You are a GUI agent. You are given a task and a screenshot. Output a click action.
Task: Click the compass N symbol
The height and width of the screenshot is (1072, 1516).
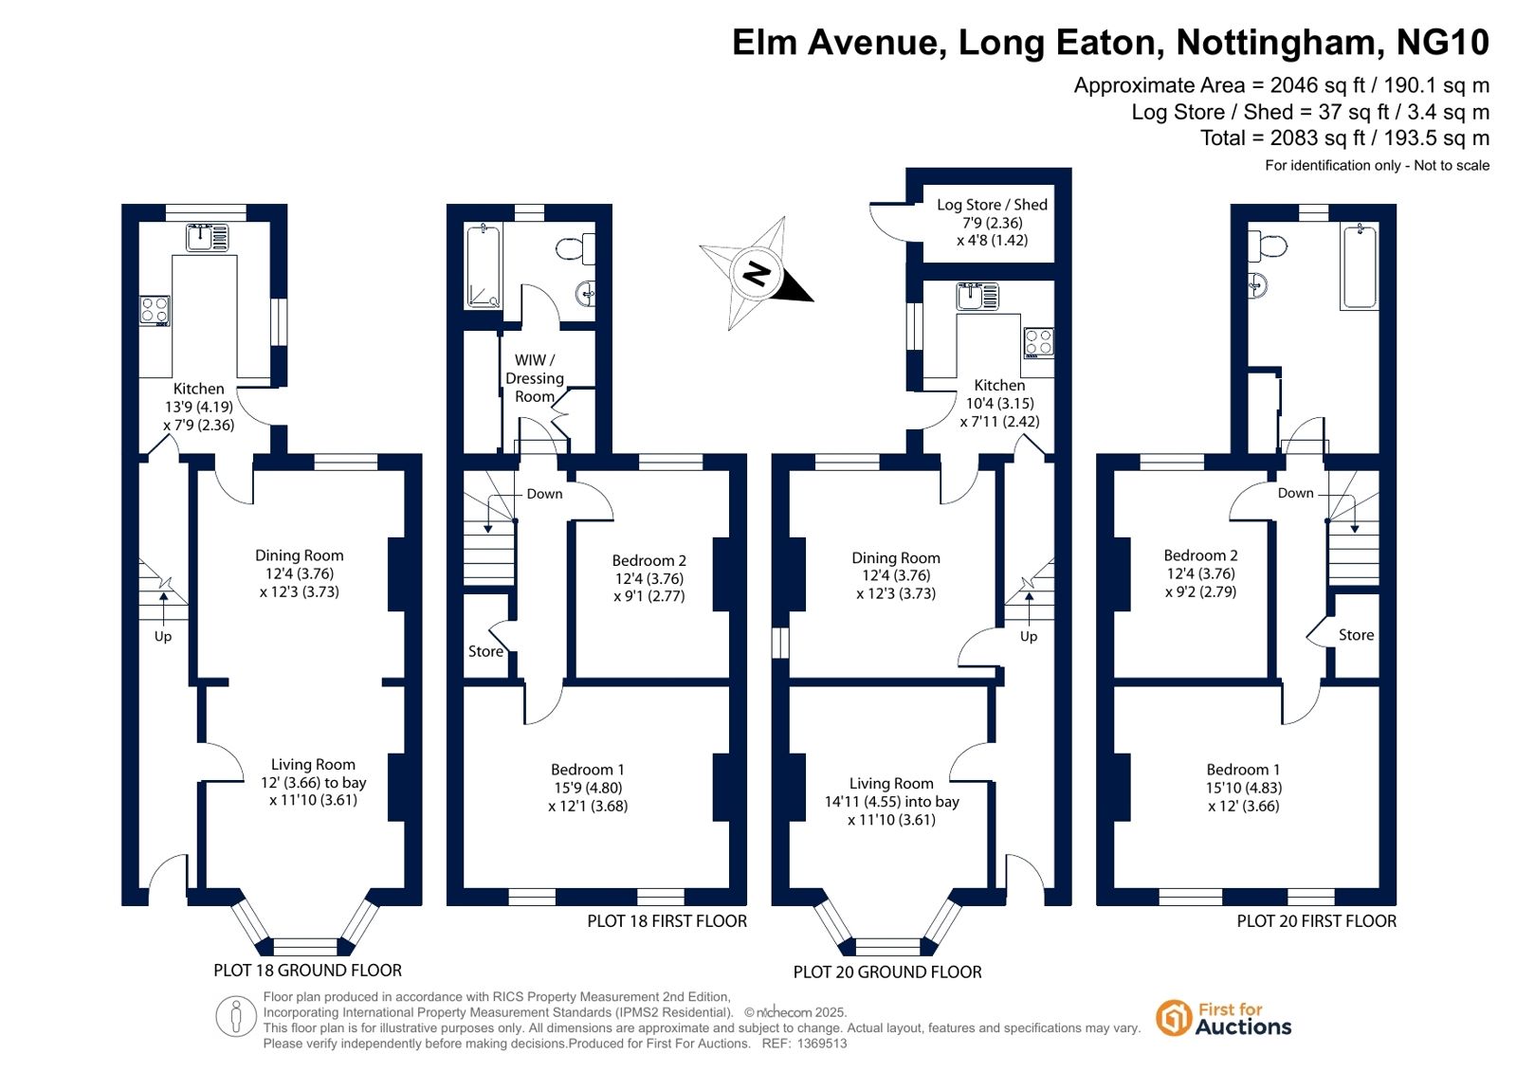[x=757, y=274]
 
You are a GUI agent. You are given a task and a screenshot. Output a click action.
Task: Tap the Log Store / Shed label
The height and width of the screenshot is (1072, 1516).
[x=992, y=205]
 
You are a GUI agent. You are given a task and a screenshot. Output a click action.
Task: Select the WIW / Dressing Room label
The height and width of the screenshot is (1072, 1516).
[x=535, y=378]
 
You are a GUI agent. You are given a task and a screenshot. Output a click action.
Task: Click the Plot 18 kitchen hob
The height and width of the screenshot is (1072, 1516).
[x=155, y=311]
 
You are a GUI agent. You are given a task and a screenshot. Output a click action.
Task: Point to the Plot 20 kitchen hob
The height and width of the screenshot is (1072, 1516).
[x=1038, y=342]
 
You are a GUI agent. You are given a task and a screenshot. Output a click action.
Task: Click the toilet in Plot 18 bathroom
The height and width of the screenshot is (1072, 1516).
[x=575, y=249]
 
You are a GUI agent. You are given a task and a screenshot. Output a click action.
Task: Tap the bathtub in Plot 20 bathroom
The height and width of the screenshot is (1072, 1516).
[x=1359, y=267]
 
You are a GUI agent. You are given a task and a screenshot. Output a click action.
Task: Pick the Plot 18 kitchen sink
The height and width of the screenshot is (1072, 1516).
[x=208, y=237]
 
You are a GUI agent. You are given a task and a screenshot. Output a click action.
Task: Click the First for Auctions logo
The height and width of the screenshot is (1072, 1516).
[x=1224, y=1019]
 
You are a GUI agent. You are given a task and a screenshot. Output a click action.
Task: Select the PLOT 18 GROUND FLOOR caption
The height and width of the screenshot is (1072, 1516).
[x=308, y=971]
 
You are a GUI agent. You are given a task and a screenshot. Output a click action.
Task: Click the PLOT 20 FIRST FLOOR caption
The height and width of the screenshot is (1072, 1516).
[x=1316, y=921]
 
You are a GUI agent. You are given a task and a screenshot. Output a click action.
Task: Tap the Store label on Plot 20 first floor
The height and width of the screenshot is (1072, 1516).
[x=1357, y=635]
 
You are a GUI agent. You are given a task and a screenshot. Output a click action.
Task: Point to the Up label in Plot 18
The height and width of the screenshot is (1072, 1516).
[x=163, y=636]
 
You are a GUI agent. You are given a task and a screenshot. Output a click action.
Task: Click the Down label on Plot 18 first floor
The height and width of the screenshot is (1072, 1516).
[x=545, y=494]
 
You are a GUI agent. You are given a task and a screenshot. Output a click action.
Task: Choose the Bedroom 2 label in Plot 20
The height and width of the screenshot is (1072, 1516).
[x=1200, y=555]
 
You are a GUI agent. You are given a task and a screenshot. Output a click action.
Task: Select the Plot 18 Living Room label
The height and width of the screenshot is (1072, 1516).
[x=314, y=765]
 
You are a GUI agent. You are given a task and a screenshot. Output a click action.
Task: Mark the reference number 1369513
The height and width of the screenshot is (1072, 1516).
[x=822, y=1044]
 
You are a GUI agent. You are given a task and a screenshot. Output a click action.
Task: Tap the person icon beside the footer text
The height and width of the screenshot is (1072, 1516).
[x=235, y=1016]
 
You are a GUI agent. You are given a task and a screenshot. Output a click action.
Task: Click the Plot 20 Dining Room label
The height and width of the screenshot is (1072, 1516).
[x=896, y=558]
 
